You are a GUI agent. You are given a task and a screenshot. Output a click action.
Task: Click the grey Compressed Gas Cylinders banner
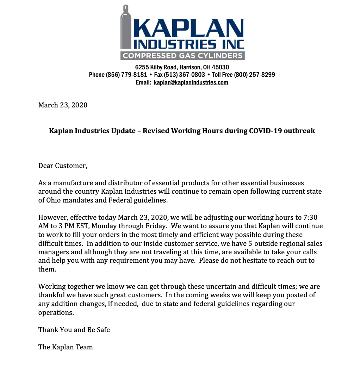(x=182, y=56)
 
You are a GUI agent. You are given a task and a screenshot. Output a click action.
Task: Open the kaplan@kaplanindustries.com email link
(x=191, y=82)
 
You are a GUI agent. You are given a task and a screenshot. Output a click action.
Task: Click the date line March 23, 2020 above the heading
(x=63, y=105)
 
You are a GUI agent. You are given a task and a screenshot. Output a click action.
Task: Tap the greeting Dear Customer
(x=63, y=166)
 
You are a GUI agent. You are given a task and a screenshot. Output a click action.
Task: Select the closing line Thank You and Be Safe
(x=74, y=330)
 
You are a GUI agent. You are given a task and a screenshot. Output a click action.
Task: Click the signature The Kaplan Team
(x=66, y=347)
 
